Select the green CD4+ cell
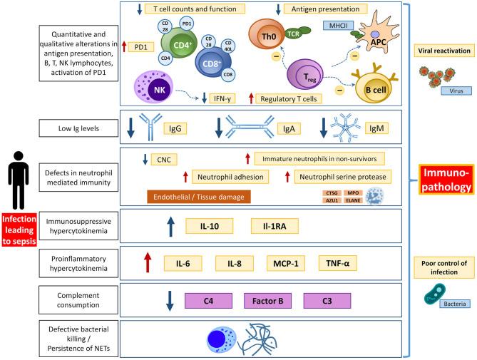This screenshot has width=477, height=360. (x=178, y=51)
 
